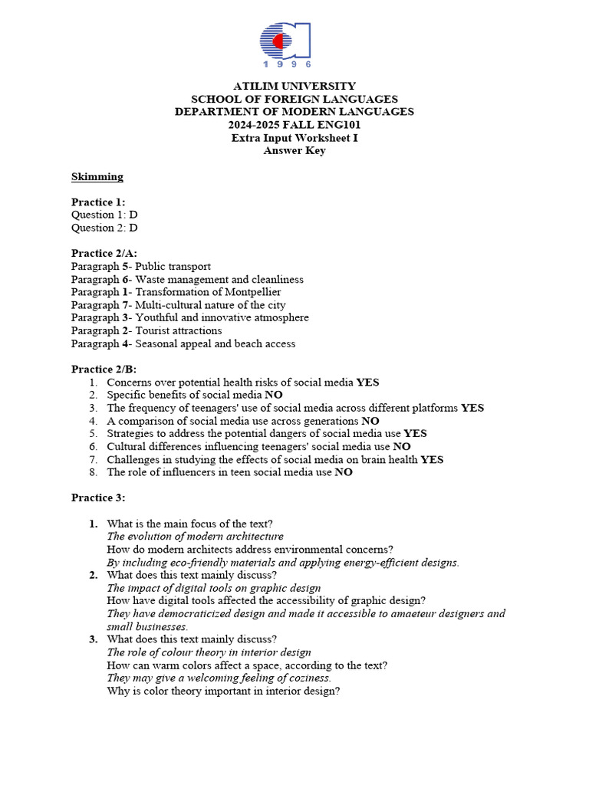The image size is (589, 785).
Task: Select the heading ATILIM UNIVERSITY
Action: [294, 86]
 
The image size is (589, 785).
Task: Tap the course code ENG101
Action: [341, 125]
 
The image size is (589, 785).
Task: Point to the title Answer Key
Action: [294, 151]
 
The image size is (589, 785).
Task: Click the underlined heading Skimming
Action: [97, 177]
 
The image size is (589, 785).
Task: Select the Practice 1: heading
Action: [98, 202]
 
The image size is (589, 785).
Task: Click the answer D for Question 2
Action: [133, 228]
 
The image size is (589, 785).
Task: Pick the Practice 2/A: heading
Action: [104, 254]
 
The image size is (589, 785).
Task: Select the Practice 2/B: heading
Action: [104, 370]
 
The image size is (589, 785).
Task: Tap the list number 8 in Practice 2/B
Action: [93, 473]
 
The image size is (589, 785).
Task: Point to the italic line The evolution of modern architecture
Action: [195, 537]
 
